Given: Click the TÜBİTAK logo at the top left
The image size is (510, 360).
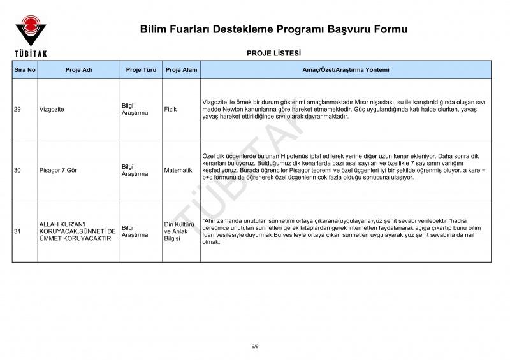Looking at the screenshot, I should click(30, 35).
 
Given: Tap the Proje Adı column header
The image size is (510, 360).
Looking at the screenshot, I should click(79, 70).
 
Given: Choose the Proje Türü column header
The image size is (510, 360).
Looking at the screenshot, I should click(142, 70).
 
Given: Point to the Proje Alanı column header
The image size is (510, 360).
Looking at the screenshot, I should click(182, 70).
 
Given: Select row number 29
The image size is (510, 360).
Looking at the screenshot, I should click(17, 110).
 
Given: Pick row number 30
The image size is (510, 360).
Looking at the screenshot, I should click(17, 171).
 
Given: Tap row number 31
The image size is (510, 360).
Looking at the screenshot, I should click(17, 232).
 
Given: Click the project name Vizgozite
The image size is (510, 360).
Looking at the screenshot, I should click(52, 110).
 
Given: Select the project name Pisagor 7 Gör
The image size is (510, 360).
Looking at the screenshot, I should click(58, 171).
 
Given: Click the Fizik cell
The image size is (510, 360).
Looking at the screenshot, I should click(170, 110).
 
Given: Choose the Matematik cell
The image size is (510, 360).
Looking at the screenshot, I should click(178, 171).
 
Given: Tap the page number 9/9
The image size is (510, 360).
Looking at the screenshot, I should click(255, 346).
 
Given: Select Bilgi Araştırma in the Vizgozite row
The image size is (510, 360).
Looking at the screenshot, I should click(135, 110).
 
